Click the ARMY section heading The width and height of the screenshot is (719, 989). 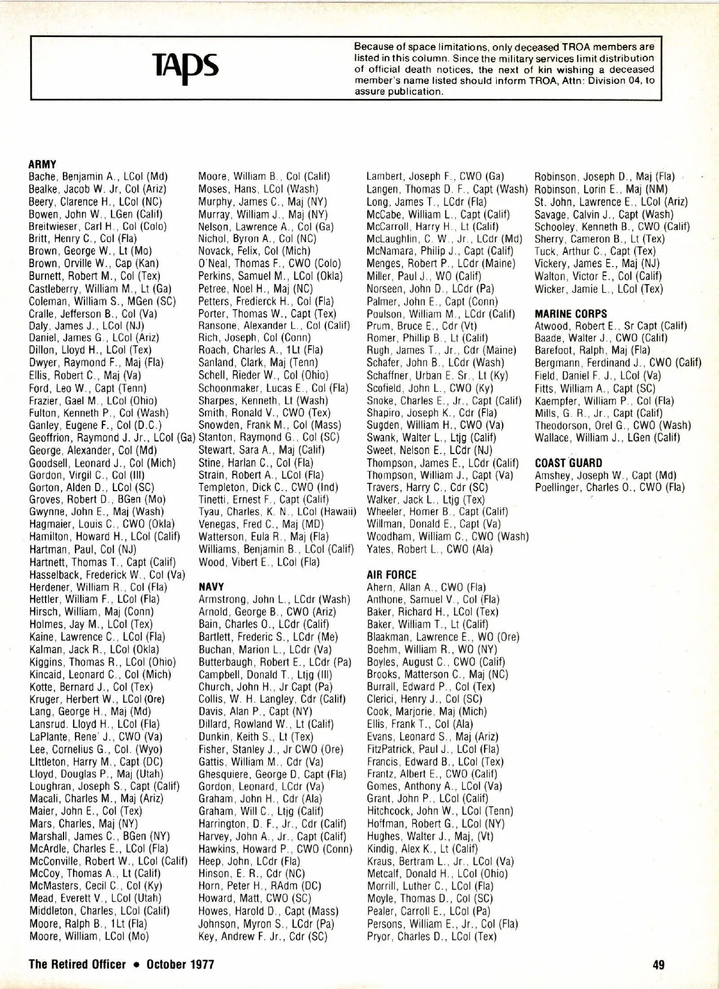pos(43,164)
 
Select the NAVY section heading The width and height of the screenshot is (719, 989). pos(211,587)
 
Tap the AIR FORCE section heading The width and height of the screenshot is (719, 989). pos(391,574)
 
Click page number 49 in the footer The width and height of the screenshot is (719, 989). pos(658,964)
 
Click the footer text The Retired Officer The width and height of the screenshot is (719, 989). pos(77,964)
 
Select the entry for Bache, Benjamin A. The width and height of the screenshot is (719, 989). pos(98,177)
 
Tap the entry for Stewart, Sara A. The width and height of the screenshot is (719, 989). pos(261,450)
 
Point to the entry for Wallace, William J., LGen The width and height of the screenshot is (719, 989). pos(608,438)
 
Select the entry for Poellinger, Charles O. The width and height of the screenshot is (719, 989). pos(609,488)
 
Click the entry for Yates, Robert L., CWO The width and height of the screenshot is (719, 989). pos(430,549)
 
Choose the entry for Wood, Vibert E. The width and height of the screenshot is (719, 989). pos(259,562)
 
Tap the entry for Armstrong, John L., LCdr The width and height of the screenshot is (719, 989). pos(274,600)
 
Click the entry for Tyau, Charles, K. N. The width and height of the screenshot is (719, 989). pos(277,512)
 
